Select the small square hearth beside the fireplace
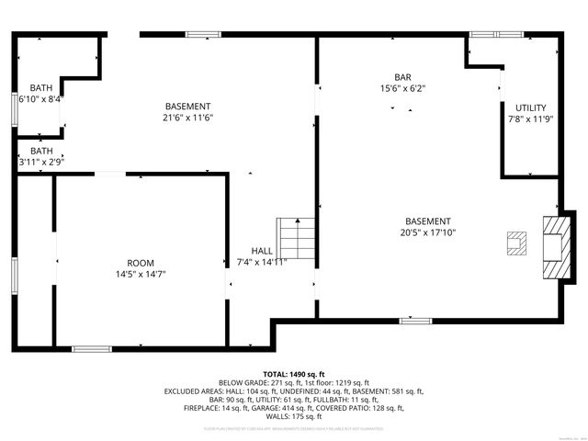(x=515, y=242)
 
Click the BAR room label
(x=402, y=76)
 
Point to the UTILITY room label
(x=530, y=107)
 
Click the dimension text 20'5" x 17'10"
(x=428, y=232)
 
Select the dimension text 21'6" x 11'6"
(x=187, y=118)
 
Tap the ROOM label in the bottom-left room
(x=141, y=262)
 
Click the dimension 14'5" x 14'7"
(x=141, y=274)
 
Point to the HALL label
(x=262, y=250)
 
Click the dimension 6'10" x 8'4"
(x=40, y=98)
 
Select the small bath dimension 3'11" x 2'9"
(x=41, y=163)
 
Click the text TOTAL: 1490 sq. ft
(x=293, y=374)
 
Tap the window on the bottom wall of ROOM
(x=92, y=348)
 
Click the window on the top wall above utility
(x=495, y=35)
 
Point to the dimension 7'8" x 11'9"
(x=530, y=119)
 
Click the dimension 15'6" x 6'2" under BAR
(x=402, y=88)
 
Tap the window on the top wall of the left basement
(x=203, y=35)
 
